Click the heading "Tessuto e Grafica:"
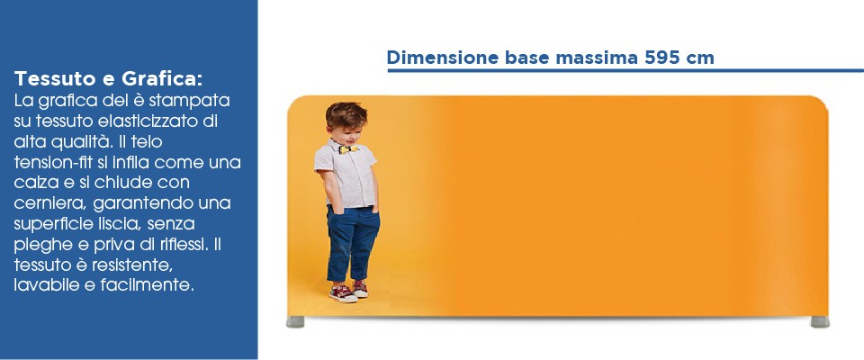pos(109,79)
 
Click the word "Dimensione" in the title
pos(443,58)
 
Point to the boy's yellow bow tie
pos(347,148)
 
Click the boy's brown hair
pos(346,114)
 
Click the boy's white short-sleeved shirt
pos(346,174)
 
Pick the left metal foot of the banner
pos(295,322)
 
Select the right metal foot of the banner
pos(820,322)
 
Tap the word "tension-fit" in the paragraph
pos(46,163)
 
